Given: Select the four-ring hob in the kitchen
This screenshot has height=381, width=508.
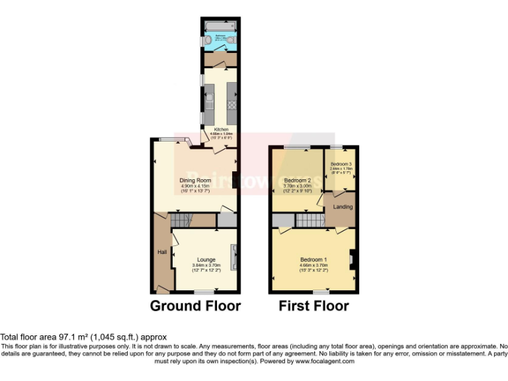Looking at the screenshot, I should pyautogui.click(x=232, y=103).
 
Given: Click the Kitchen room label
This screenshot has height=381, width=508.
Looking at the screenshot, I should pyautogui.click(x=220, y=130).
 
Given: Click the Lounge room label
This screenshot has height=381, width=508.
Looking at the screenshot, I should pyautogui.click(x=206, y=259).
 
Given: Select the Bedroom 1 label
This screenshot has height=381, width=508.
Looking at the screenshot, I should pyautogui.click(x=312, y=259).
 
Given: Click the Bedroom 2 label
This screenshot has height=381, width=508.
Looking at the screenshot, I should pyautogui.click(x=297, y=180).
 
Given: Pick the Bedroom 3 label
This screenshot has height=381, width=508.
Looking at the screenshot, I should pyautogui.click(x=341, y=163).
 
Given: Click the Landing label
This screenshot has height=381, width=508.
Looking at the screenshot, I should pyautogui.click(x=343, y=206).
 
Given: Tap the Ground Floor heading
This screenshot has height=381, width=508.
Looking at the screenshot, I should pyautogui.click(x=195, y=306).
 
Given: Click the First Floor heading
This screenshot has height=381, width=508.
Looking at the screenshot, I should pyautogui.click(x=314, y=306).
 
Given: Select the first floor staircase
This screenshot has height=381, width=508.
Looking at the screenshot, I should pyautogui.click(x=307, y=220).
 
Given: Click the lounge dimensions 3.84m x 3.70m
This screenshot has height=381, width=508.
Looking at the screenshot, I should pyautogui.click(x=206, y=265).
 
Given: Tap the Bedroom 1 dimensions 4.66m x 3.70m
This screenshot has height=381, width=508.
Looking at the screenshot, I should pyautogui.click(x=312, y=265).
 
